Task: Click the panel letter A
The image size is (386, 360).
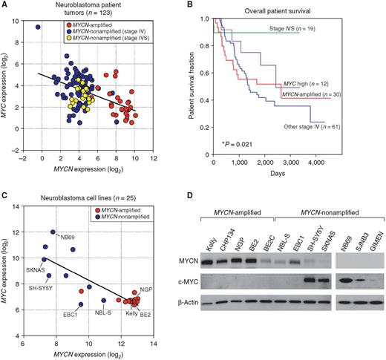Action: click(x=5, y=6)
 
